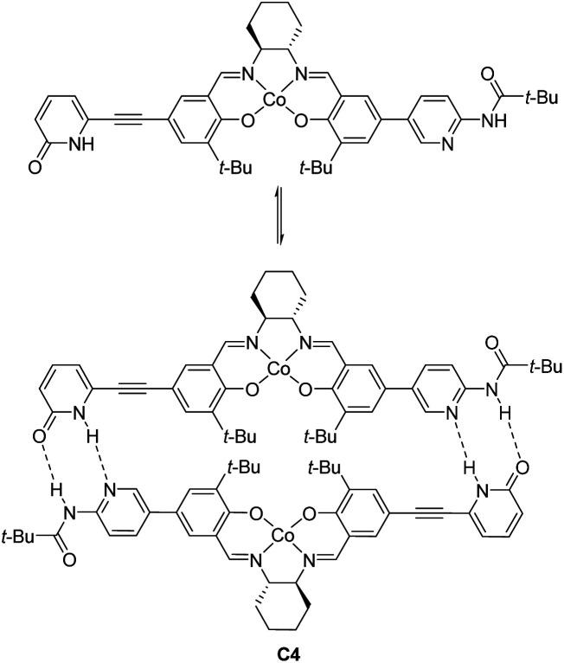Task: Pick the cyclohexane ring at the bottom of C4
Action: pos(282,606)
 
